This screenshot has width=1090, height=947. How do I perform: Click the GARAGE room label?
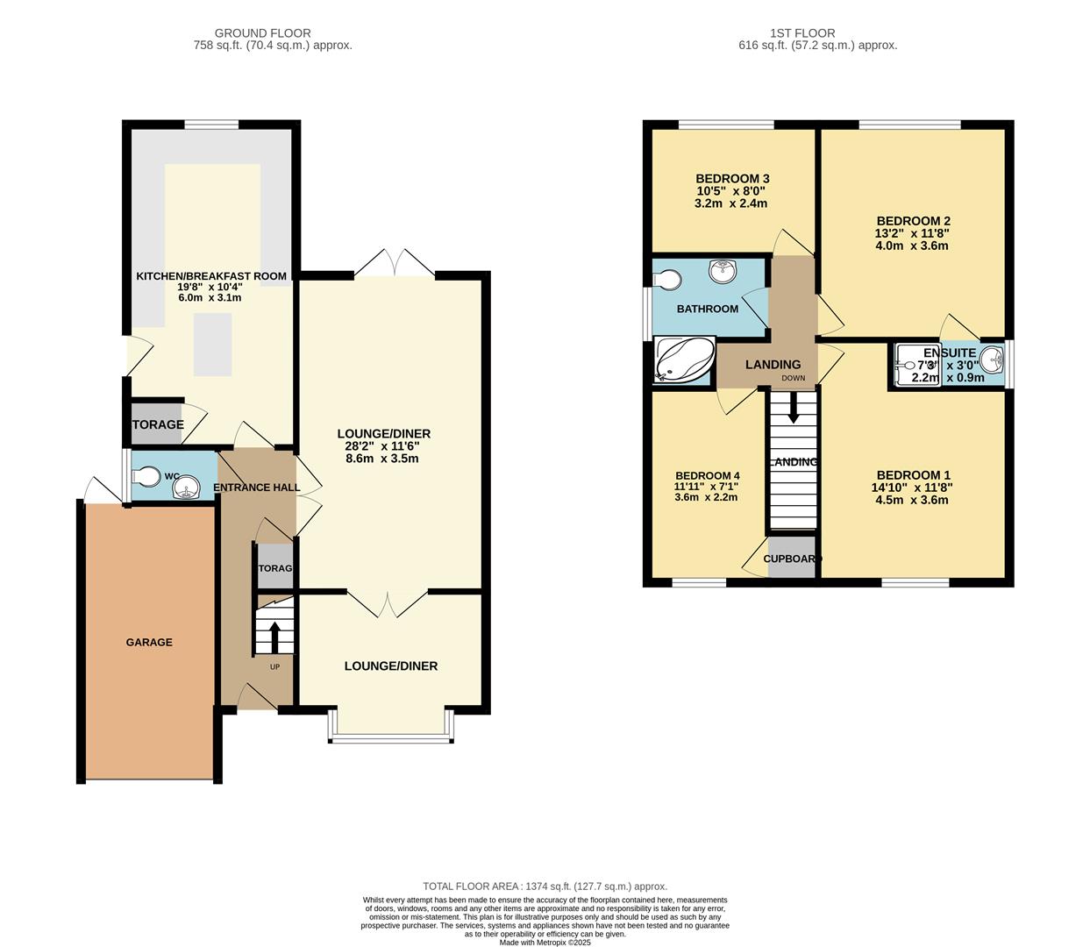point(149,643)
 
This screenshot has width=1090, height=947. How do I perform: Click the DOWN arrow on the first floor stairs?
point(793,409)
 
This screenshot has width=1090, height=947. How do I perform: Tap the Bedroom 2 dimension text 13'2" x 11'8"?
point(912,233)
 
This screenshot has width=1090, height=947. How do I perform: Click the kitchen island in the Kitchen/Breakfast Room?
point(212,344)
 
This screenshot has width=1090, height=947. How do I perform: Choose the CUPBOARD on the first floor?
point(792,559)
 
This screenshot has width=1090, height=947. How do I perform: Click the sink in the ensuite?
point(992,359)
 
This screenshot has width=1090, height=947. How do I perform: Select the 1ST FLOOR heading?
point(801,33)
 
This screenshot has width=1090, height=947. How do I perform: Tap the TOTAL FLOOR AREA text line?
point(545,886)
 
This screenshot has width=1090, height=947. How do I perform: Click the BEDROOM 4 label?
point(707,476)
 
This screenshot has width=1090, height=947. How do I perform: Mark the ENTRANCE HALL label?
point(256,488)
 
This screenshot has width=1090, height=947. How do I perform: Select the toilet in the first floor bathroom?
point(666,279)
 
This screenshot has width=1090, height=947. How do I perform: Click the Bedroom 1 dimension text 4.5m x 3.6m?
point(912,501)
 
